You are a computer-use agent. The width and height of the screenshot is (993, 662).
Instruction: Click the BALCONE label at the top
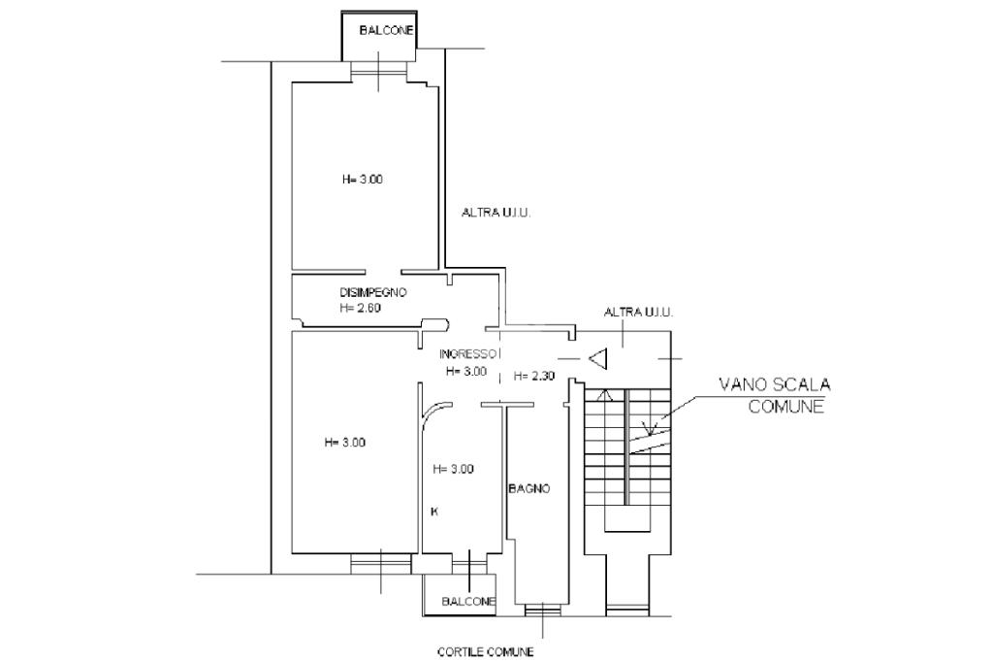[386, 30]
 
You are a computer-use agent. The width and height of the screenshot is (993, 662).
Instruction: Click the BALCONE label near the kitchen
[468, 601]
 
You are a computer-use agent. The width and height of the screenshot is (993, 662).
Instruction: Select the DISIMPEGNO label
[373, 292]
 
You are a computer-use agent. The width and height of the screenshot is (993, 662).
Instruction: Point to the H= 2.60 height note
[361, 308]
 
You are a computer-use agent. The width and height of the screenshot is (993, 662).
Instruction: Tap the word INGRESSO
[467, 354]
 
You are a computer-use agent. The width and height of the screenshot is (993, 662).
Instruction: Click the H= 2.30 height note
[534, 376]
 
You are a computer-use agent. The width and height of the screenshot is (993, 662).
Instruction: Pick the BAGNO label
[529, 488]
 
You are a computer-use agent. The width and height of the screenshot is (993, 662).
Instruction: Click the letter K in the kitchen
[433, 512]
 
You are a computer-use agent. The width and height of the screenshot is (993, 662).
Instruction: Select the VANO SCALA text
[775, 383]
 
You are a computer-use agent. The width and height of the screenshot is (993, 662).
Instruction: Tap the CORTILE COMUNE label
[486, 651]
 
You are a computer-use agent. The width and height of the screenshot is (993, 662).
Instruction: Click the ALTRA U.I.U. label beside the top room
[496, 213]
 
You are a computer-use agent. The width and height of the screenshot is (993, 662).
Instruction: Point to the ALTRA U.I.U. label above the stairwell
[638, 312]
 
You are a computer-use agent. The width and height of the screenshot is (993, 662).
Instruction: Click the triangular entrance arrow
[599, 359]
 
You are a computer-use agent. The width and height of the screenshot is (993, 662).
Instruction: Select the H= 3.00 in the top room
[363, 180]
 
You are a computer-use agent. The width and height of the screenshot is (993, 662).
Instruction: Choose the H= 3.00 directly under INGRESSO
[466, 371]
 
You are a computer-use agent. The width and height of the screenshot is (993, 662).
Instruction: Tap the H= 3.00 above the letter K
[453, 469]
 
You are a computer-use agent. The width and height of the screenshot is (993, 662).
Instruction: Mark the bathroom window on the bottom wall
[543, 611]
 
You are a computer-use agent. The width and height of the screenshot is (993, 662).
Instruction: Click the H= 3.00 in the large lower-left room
[344, 443]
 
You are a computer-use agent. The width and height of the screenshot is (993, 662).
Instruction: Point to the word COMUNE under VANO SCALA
[785, 406]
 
